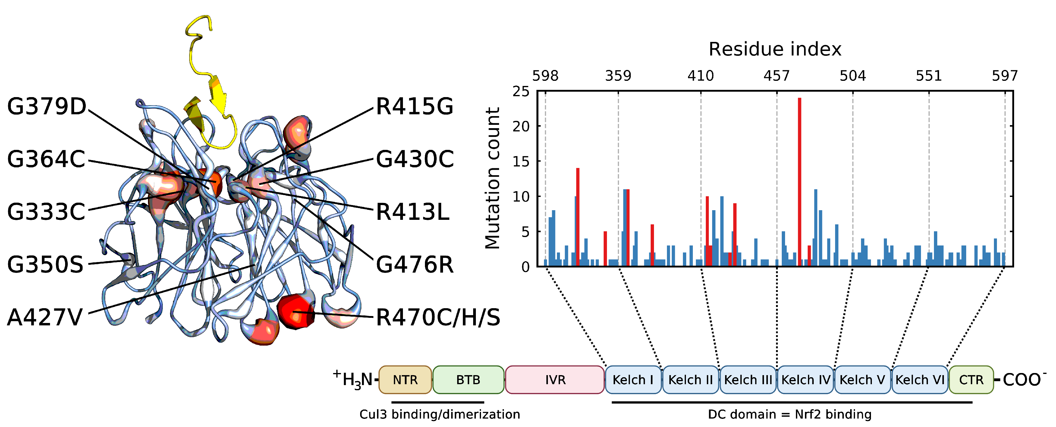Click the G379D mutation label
(x=47, y=107)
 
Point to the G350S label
(x=45, y=264)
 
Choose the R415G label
(x=414, y=107)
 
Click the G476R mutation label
(x=414, y=264)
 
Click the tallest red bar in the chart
(x=799, y=181)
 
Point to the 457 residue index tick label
(x=776, y=76)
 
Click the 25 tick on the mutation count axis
(x=521, y=91)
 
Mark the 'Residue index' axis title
(x=775, y=49)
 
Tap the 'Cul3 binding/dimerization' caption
(x=439, y=414)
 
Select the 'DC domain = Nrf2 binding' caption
(x=790, y=414)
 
